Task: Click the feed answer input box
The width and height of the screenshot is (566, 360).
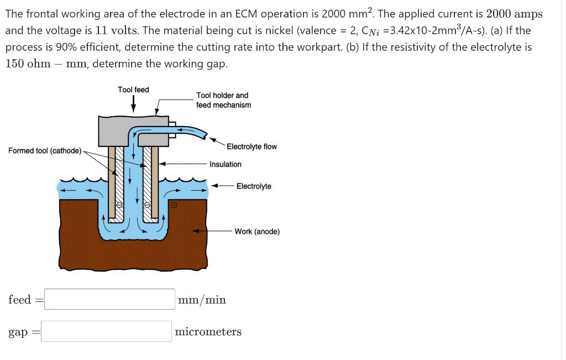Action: (109, 299)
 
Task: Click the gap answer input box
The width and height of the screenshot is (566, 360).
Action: (106, 331)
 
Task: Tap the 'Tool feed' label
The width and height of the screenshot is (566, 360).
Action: (133, 90)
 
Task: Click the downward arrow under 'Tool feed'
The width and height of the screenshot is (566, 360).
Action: (133, 103)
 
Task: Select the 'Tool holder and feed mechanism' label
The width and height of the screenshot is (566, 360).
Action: (223, 100)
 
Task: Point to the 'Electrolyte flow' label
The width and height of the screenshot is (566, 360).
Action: (251, 147)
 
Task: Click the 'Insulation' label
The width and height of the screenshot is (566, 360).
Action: (226, 164)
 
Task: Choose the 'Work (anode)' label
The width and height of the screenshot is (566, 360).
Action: (257, 231)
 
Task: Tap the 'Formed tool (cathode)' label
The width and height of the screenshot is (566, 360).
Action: (45, 150)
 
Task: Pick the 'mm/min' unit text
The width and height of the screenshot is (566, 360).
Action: (202, 300)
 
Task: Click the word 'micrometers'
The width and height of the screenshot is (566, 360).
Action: (208, 332)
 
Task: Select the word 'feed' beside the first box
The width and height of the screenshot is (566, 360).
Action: (19, 299)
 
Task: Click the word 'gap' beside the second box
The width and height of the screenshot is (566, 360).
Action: (18, 332)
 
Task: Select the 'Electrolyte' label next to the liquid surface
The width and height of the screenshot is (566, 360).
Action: (254, 186)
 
